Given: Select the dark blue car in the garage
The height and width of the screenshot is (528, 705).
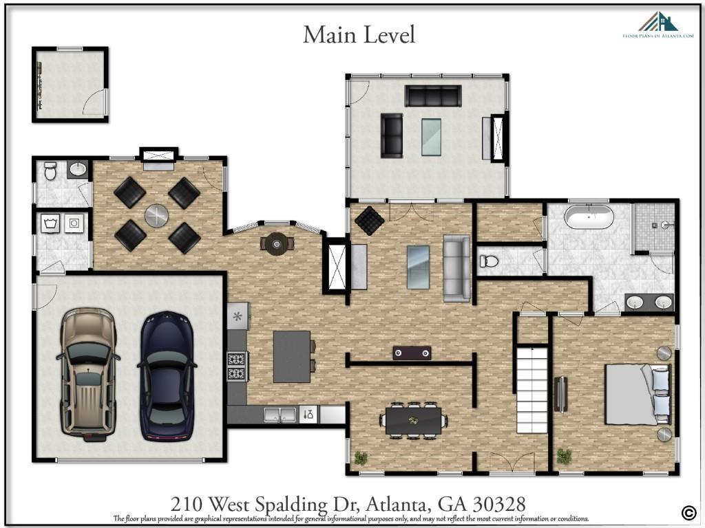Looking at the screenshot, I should (x=167, y=375).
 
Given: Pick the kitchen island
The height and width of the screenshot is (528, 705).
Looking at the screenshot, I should (x=292, y=356).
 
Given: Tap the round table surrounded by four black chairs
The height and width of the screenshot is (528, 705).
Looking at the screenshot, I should (x=157, y=215).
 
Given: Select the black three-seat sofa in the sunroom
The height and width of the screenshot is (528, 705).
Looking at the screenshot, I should (x=432, y=96).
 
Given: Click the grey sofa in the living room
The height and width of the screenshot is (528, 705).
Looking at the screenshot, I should (x=456, y=268).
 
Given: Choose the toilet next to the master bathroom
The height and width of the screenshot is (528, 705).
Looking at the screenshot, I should (x=488, y=261).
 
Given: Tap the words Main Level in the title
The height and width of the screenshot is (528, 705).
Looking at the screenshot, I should (x=359, y=34).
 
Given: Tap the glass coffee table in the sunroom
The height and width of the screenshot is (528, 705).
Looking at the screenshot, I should (x=432, y=136).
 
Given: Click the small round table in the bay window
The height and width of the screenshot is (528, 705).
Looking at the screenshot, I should (x=277, y=242).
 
